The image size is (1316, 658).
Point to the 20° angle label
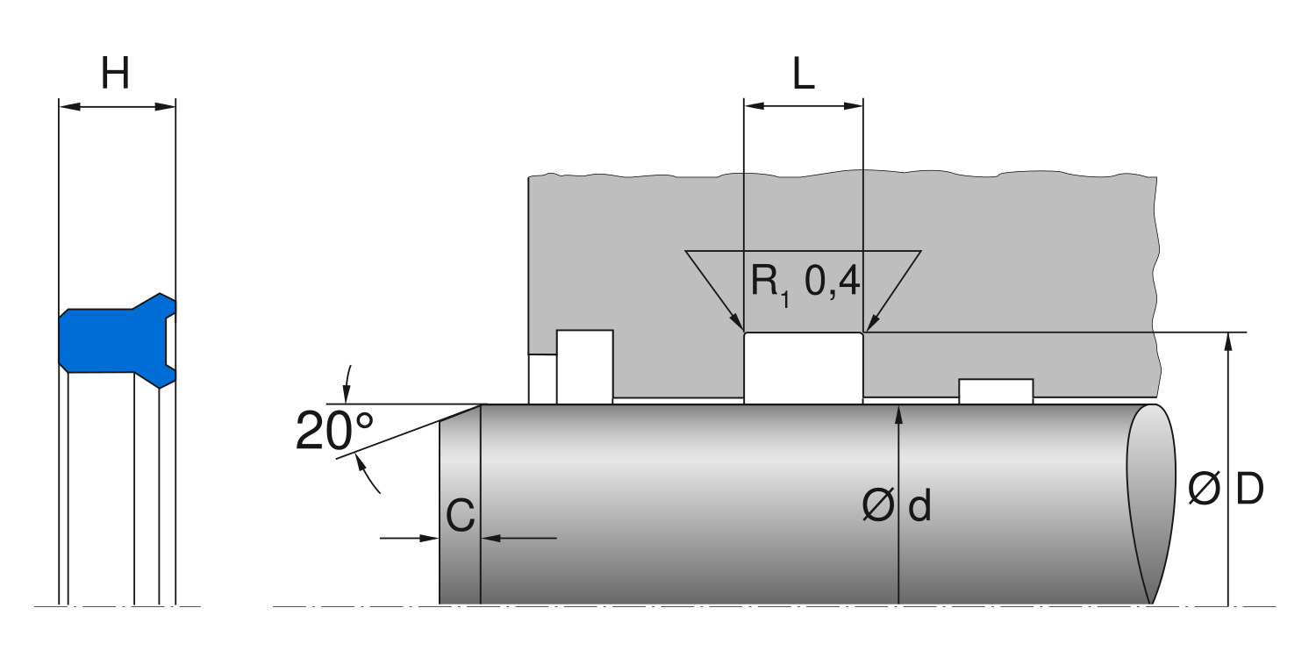pyautogui.click(x=333, y=431)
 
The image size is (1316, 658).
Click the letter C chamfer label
pyautogui.click(x=460, y=518)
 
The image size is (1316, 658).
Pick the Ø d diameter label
pyautogui.click(x=896, y=506)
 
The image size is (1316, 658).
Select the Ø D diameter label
pyautogui.click(x=1226, y=490)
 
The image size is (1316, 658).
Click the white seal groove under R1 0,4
pyautogui.click(x=803, y=368)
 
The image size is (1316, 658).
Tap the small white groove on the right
pyautogui.click(x=995, y=391)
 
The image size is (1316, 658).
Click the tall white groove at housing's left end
pyautogui.click(x=584, y=367)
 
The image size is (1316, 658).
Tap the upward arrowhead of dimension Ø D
pyautogui.click(x=1228, y=342)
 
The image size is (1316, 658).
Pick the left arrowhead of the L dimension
pyautogui.click(x=755, y=106)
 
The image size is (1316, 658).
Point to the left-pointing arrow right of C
pyautogui.click(x=491, y=537)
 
